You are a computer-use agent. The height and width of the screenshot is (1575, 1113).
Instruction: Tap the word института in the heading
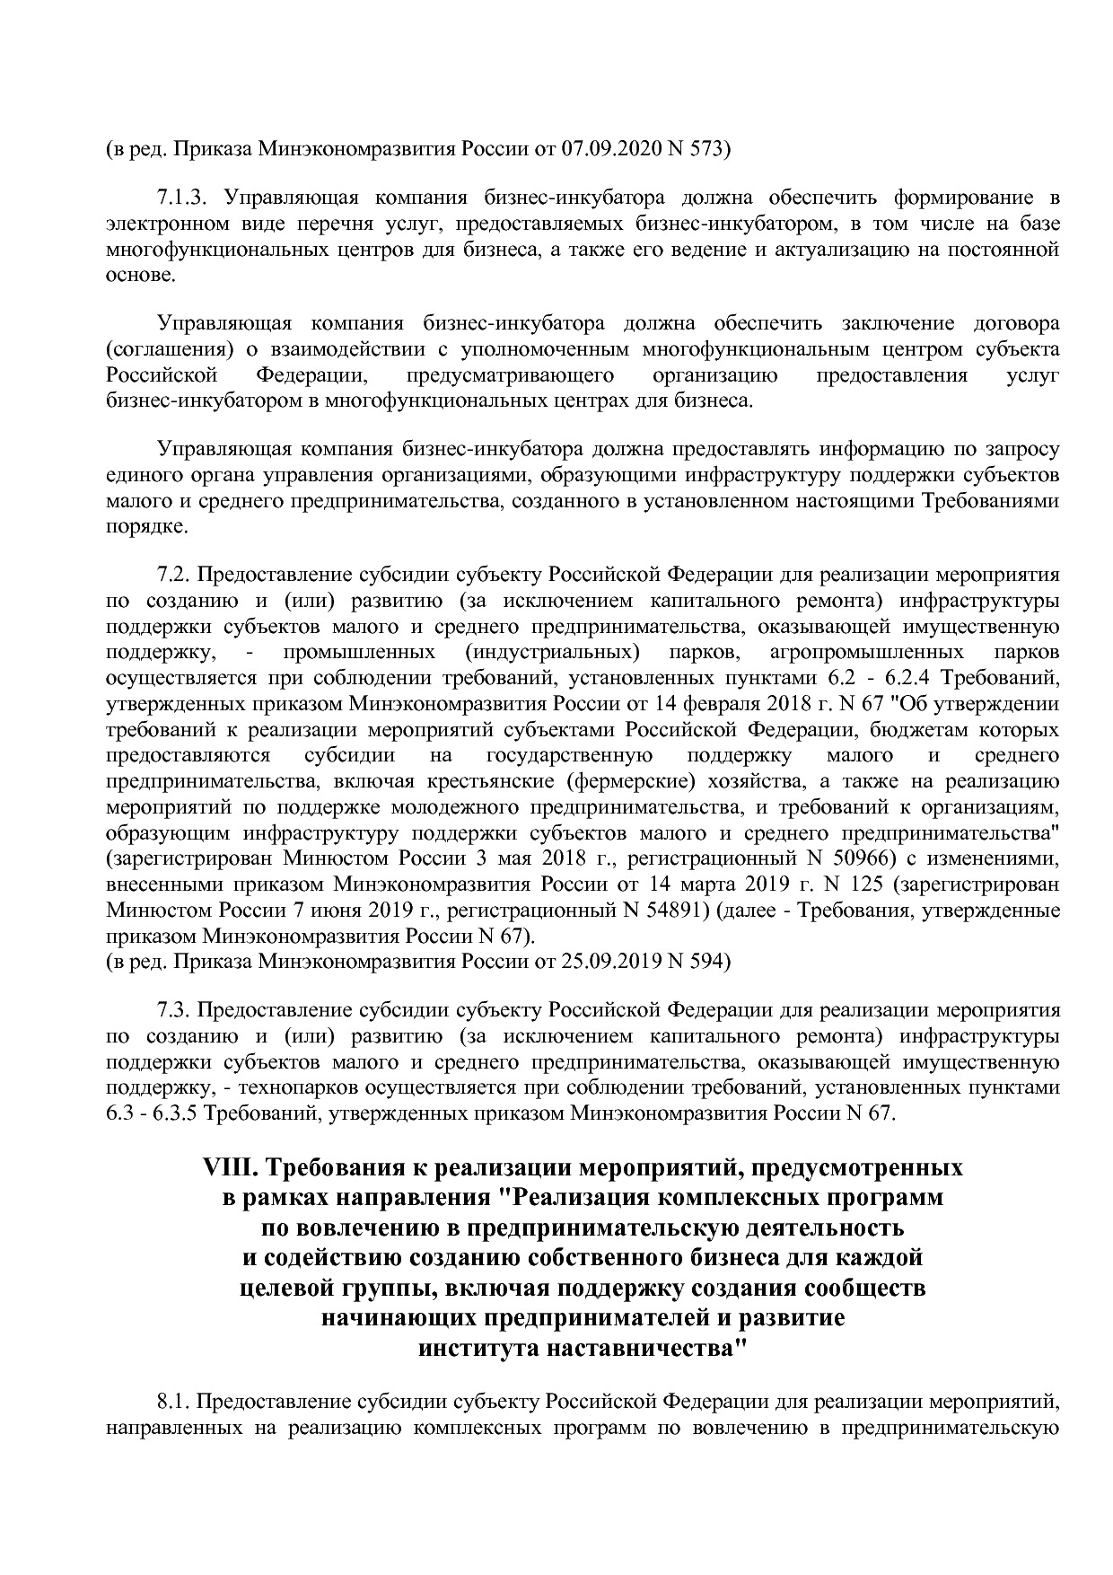[479, 1349]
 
